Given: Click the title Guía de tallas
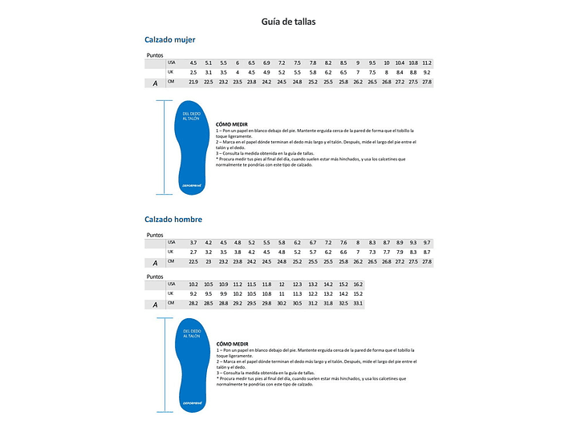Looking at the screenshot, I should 288,22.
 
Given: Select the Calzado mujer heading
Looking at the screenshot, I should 170,39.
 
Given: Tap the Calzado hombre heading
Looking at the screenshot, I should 173,219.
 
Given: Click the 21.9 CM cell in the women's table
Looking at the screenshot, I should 193,83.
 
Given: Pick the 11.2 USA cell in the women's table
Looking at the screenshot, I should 427,63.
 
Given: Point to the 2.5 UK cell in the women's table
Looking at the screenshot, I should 193,72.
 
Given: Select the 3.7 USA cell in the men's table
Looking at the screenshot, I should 193,242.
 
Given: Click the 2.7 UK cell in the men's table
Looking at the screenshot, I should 193,252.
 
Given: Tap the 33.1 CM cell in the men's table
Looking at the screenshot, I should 358,304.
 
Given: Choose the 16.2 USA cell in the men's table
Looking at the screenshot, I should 358,285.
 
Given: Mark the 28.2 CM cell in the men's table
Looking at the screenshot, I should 193,304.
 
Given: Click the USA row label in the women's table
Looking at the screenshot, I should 172,63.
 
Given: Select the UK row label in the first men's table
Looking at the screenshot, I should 171,252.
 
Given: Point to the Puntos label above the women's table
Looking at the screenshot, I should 155,55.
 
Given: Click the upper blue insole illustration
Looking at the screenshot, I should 189,147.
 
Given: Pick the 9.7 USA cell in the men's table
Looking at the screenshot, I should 427,242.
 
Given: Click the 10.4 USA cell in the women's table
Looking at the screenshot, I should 400,63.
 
